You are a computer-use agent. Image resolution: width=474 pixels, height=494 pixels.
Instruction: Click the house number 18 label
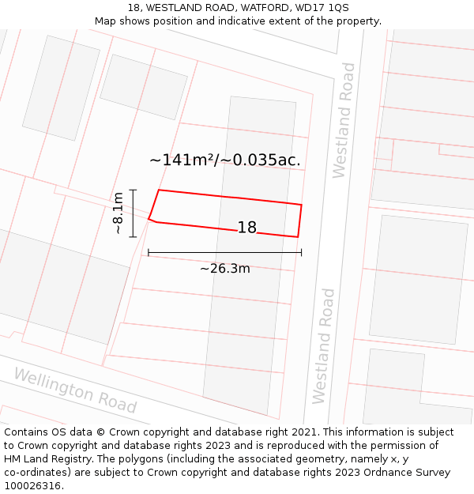coord(247,228)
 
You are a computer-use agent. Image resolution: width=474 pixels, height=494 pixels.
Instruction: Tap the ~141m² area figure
coord(182,160)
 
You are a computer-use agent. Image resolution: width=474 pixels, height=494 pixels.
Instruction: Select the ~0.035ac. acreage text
coord(261,160)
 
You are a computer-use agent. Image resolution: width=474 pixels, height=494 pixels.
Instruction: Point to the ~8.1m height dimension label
coord(117,213)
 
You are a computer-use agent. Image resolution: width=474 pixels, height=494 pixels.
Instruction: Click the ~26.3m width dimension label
coord(224,269)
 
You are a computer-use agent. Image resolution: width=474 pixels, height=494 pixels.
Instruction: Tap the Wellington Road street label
coord(75,390)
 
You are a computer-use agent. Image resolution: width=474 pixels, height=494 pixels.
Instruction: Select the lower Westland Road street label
coord(324,346)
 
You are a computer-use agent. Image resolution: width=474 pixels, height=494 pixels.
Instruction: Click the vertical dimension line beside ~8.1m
coord(134,213)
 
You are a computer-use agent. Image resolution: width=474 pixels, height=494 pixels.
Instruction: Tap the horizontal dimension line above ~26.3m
coord(224,253)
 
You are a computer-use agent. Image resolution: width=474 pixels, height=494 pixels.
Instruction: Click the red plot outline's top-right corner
coord(302,205)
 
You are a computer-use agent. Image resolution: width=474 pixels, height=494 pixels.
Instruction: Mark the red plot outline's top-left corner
coord(160,190)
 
